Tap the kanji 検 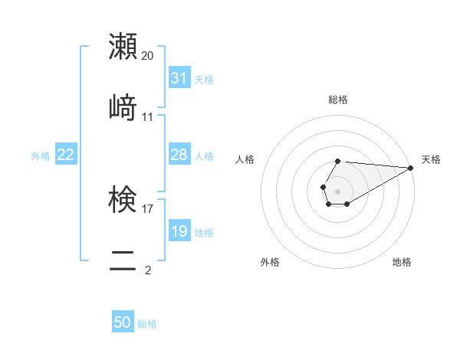[x=123, y=199]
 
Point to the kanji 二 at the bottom [x=123, y=260]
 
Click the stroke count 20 [x=148, y=56]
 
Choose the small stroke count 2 [x=148, y=270]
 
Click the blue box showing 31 [x=179, y=78]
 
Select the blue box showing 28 [x=179, y=155]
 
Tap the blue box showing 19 [x=179, y=231]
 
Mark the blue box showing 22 [x=66, y=155]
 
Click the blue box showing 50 [x=123, y=322]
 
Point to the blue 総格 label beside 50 [x=147, y=324]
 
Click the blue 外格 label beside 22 [x=41, y=156]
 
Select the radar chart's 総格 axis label [x=338, y=100]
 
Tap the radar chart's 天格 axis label [x=432, y=159]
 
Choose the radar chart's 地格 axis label [x=402, y=262]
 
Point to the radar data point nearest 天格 [x=411, y=168]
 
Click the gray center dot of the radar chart [x=337, y=190]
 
